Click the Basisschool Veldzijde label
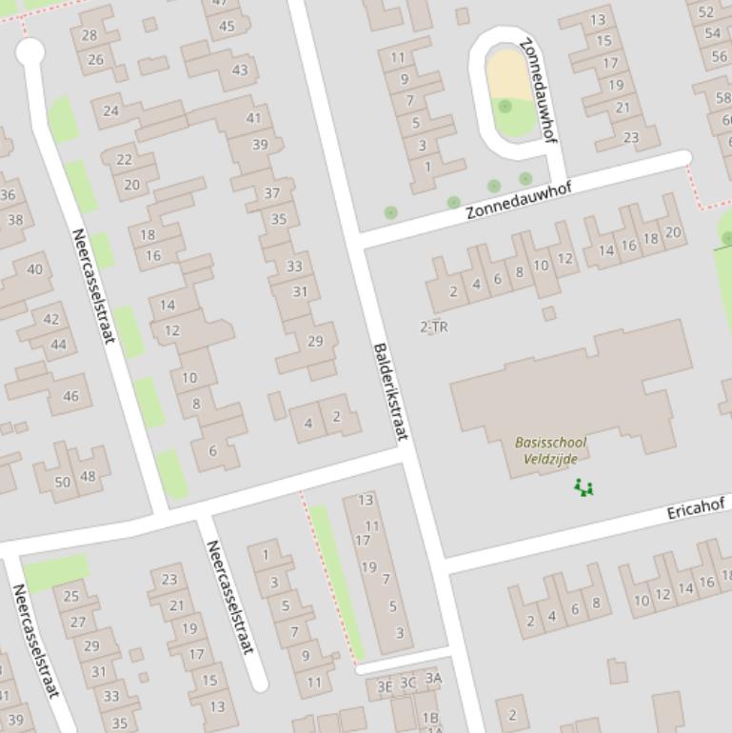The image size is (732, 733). pyautogui.click(x=550, y=450)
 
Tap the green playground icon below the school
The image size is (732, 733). pyautogui.click(x=584, y=488)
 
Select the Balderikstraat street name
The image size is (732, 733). pyautogui.click(x=390, y=392)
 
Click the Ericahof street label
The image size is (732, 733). pyautogui.click(x=695, y=510)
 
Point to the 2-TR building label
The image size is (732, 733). pyautogui.click(x=434, y=327)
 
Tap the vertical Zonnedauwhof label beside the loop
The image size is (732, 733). pyautogui.click(x=538, y=89)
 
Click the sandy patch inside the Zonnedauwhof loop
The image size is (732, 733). pyautogui.click(x=506, y=73)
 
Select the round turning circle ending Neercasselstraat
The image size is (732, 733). pyautogui.click(x=30, y=51)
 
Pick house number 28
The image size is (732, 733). pyautogui.click(x=89, y=35)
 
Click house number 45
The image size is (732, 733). pyautogui.click(x=227, y=26)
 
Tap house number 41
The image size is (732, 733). pyautogui.click(x=253, y=118)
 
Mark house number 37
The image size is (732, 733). pyautogui.click(x=272, y=192)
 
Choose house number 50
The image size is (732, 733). pyautogui.click(x=63, y=482)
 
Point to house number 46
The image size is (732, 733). pyautogui.click(x=70, y=396)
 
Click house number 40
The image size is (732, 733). pyautogui.click(x=35, y=269)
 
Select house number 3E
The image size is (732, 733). pyautogui.click(x=385, y=685)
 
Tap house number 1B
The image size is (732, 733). pyautogui.click(x=430, y=718)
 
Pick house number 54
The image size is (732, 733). pyautogui.click(x=713, y=33)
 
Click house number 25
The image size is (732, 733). pyautogui.click(x=70, y=597)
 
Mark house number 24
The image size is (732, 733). pyautogui.click(x=111, y=110)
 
